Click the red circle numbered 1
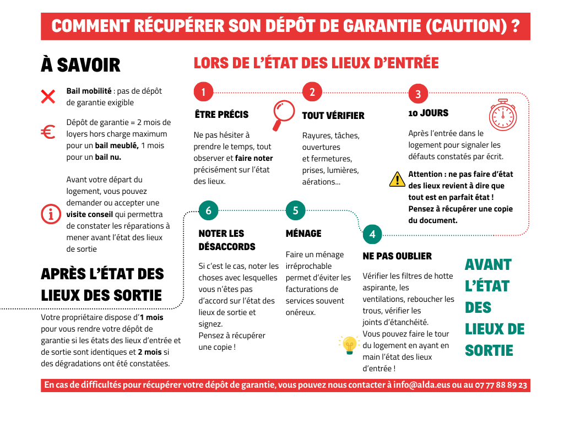tap(203, 92)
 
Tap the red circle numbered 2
tap(312, 92)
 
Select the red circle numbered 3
tap(418, 94)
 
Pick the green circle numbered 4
tap(372, 234)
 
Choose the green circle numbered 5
tap(295, 210)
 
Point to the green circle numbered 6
tap(208, 210)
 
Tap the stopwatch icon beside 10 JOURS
tap(503, 115)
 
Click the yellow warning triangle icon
tap(397, 179)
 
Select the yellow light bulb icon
tap(349, 345)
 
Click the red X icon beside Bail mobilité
tap(48, 97)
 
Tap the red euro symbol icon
tap(48, 132)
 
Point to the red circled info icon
tap(50, 214)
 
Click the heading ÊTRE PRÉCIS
tap(221, 115)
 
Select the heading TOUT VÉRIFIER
tap(333, 116)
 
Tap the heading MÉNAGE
tap(303, 234)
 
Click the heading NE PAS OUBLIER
tap(397, 256)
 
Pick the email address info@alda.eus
tap(421, 385)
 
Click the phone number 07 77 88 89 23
tap(500, 385)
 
